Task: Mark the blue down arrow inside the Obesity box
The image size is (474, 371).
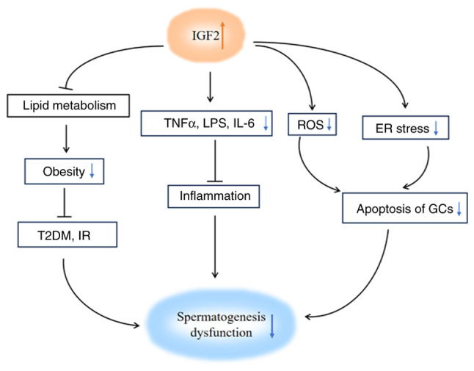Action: pyautogui.click(x=91, y=173)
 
